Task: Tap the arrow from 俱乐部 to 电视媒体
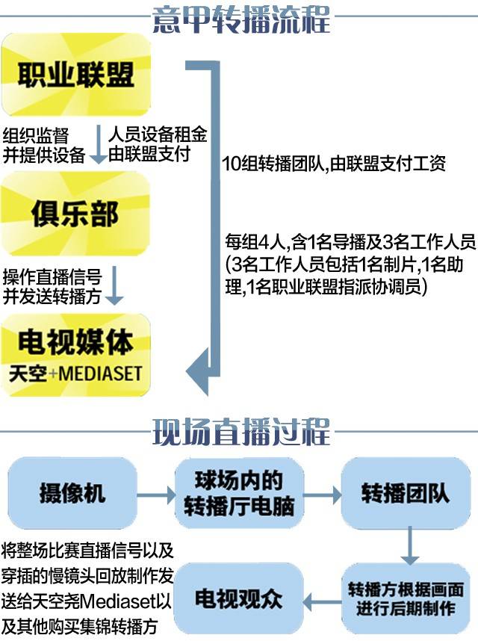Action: pyautogui.click(x=114, y=285)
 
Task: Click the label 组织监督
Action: pyautogui.click(x=36, y=136)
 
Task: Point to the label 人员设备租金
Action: pyautogui.click(x=157, y=135)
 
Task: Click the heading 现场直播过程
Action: pyautogui.click(x=240, y=432)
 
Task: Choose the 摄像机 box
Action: pyautogui.click(x=72, y=493)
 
